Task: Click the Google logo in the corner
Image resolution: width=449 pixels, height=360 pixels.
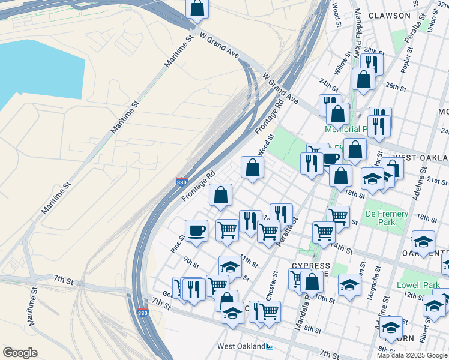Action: click(x=20, y=353)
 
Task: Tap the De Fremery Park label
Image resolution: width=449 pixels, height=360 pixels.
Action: click(x=387, y=218)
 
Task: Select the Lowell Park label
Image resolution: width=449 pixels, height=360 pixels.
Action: click(x=418, y=286)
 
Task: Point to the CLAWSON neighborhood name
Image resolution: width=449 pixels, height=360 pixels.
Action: click(x=390, y=16)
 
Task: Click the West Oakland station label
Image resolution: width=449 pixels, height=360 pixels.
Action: click(x=242, y=346)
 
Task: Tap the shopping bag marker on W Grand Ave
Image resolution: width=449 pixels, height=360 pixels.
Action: click(x=196, y=9)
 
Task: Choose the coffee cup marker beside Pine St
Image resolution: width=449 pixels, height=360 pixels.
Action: click(x=196, y=230)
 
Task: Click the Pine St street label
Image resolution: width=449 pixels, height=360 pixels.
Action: click(x=178, y=243)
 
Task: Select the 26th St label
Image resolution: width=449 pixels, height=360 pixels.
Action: click(x=396, y=86)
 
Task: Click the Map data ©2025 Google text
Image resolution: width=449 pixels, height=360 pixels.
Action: click(x=412, y=355)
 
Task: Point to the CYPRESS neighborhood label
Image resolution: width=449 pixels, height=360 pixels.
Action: click(x=310, y=266)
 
